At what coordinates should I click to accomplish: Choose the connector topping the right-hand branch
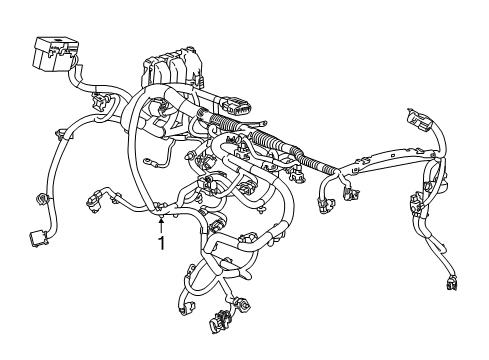421,123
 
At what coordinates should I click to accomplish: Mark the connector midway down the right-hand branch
415,210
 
